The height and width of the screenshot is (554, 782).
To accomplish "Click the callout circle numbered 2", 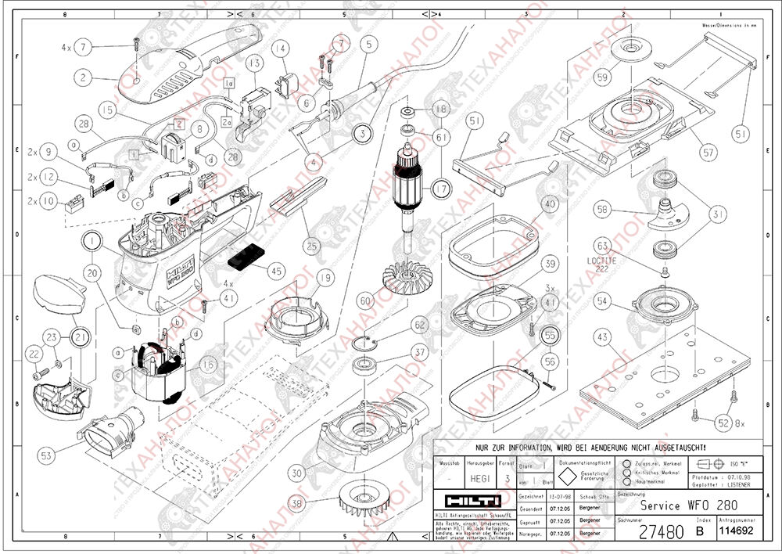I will [x=82, y=77].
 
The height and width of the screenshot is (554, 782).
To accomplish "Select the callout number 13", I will [x=253, y=62].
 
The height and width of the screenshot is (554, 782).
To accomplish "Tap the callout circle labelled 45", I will [x=275, y=271].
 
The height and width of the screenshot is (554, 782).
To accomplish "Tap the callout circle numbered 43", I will [x=602, y=338].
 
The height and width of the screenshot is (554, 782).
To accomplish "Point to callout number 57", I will [x=708, y=153].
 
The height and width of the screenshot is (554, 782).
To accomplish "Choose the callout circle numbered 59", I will [x=602, y=77].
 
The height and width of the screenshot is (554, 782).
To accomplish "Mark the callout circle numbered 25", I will [x=312, y=246].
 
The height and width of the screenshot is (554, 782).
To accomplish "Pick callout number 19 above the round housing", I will [x=325, y=276].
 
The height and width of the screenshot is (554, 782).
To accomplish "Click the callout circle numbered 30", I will [x=296, y=473].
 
